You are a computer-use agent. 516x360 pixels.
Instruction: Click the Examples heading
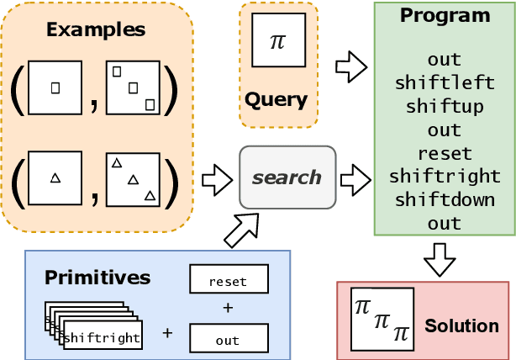[95, 29]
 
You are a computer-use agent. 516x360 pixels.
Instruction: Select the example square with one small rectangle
[55, 87]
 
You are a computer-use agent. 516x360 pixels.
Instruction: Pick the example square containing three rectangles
[133, 87]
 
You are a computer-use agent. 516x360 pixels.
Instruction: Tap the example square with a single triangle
[55, 177]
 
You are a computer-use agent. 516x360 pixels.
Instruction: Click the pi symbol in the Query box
[277, 42]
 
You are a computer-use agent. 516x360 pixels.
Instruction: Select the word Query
[276, 100]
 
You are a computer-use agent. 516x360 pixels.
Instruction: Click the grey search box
[287, 177]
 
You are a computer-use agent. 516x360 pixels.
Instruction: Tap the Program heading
[444, 15]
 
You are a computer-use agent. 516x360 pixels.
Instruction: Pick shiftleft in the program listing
[444, 83]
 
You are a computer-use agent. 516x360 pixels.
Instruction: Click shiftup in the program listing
[444, 107]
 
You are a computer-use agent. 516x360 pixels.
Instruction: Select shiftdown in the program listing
[444, 200]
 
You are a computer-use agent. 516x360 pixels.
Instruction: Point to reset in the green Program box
[444, 154]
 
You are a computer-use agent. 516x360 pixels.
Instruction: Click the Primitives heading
[97, 277]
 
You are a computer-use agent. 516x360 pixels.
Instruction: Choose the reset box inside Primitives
[229, 281]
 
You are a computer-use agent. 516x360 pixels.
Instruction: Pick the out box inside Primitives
[229, 340]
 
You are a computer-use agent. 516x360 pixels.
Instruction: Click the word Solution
[461, 325]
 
